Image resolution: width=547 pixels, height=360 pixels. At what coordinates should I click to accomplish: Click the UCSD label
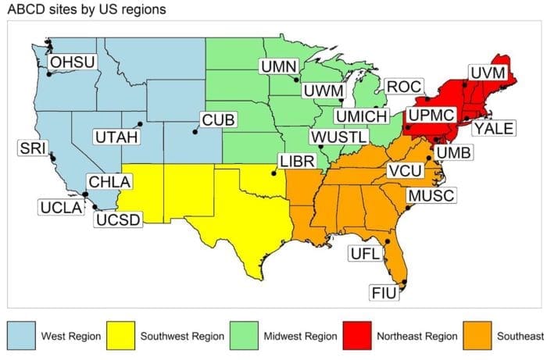[118, 219]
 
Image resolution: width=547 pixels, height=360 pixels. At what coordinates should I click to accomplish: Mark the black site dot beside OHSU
[49, 74]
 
